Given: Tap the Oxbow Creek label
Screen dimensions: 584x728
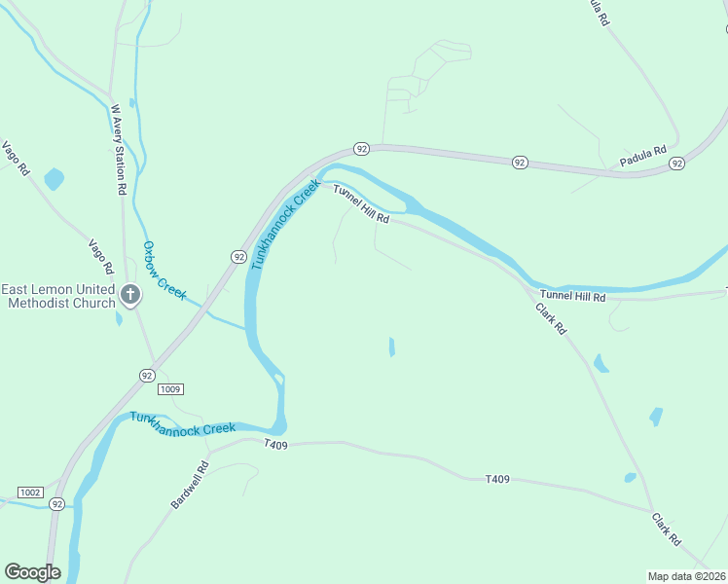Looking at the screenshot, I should pos(163,270).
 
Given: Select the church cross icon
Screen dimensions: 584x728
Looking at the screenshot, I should pos(131,293).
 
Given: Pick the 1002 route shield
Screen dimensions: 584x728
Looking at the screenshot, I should pos(29,493).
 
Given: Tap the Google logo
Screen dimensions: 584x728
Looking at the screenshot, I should pos(32,572).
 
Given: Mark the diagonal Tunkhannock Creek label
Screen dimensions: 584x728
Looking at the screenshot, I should pos(284,224).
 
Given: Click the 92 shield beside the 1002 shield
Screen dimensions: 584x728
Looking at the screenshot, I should pos(58,504).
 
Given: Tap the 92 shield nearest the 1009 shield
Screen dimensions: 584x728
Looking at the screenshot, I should pos(146,375).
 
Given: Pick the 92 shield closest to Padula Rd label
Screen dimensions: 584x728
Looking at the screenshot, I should pos(676,165).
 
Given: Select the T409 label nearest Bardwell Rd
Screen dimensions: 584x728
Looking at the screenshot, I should pos(277,443).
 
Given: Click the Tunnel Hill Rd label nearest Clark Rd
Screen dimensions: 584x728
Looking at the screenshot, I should pos(573,295).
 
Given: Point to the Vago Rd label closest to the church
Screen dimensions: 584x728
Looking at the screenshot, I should pos(101,255).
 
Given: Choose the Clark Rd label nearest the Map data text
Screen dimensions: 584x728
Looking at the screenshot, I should pos(667,529).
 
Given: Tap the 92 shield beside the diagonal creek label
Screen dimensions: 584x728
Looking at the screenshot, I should pos(238,256).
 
